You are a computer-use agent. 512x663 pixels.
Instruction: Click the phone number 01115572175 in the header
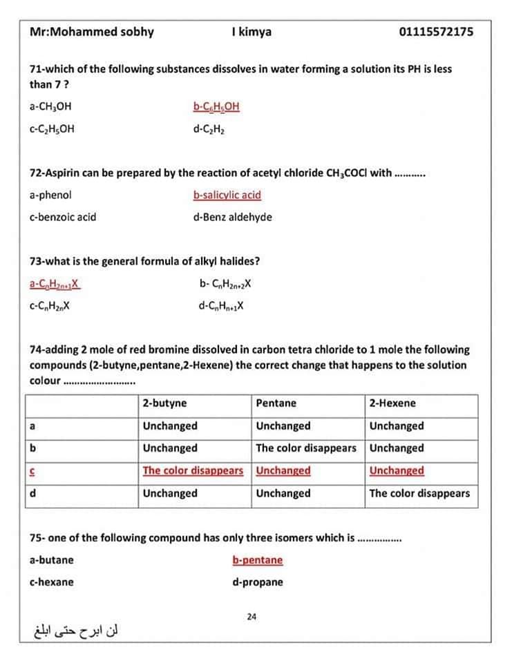[x=436, y=32]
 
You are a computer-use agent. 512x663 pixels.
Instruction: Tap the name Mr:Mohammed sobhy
[x=92, y=32]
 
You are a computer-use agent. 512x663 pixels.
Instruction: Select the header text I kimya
[x=252, y=32]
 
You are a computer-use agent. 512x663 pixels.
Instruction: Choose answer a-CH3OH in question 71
[x=50, y=106]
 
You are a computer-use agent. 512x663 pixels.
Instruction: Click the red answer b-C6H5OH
[x=216, y=106]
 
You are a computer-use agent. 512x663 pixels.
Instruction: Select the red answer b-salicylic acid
[x=227, y=195]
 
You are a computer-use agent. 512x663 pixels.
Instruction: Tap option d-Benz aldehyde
[x=233, y=217]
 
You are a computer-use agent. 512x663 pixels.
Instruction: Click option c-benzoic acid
[x=63, y=217]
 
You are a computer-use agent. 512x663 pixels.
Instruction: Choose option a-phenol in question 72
[x=50, y=195]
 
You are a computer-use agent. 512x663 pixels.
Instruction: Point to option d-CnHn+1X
[x=221, y=305]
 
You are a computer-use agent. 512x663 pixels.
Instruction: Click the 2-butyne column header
[x=164, y=403]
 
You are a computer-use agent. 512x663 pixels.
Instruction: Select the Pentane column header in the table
[x=276, y=403]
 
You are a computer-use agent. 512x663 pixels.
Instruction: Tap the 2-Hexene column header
[x=392, y=403]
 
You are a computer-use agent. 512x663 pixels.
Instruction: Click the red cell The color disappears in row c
[x=193, y=471]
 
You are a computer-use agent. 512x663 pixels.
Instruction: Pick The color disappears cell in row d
[x=419, y=493]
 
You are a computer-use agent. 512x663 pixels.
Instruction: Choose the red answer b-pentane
[x=258, y=559]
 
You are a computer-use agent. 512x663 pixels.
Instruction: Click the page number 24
[x=252, y=616]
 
